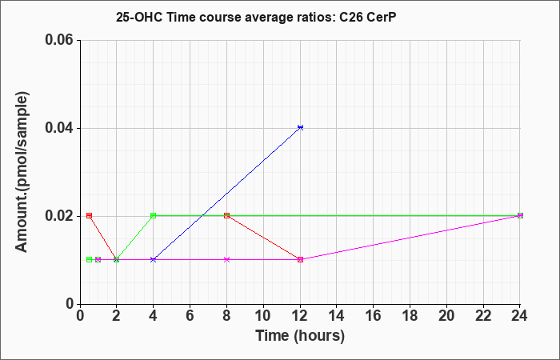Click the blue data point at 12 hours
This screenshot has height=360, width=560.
coord(300,127)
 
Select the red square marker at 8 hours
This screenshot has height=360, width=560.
coord(226,215)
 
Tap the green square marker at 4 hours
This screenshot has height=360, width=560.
coord(154,215)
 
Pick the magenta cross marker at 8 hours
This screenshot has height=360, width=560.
coord(226,260)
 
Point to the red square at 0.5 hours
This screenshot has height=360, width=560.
coord(90,215)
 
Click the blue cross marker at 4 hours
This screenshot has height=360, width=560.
coord(154,260)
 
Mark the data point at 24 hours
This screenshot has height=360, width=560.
coord(520,215)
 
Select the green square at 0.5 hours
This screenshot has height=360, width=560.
coord(90,260)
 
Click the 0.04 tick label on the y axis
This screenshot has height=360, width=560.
coord(60,128)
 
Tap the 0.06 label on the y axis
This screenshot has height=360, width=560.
coord(60,40)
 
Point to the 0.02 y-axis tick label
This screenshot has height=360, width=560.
coord(60,216)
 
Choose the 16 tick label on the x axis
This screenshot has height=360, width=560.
coord(374,316)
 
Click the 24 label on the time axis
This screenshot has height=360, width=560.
coord(520,316)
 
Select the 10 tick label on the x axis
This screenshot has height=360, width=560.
coord(263,316)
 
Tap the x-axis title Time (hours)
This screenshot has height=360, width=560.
coord(300,336)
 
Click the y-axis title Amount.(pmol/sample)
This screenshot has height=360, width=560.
coord(22,172)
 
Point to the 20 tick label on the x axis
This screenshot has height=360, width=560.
coord(446,316)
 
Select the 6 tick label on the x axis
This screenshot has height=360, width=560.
coord(190,316)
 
